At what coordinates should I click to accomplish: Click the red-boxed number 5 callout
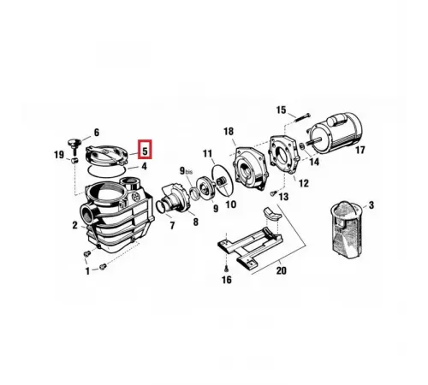(x=145, y=150)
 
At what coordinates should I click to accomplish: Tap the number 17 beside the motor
(x=360, y=150)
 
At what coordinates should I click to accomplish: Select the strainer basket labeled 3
(x=346, y=228)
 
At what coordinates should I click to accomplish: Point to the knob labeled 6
(x=74, y=144)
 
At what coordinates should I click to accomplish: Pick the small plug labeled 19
(x=74, y=160)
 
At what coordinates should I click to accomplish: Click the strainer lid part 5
(x=106, y=156)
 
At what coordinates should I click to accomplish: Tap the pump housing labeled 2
(x=117, y=216)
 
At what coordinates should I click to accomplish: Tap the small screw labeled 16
(x=226, y=269)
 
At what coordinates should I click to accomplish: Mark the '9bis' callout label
(x=186, y=171)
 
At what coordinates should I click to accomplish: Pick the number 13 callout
(x=283, y=197)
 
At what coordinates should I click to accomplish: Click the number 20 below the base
(x=281, y=270)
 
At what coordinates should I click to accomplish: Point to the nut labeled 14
(x=302, y=147)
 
